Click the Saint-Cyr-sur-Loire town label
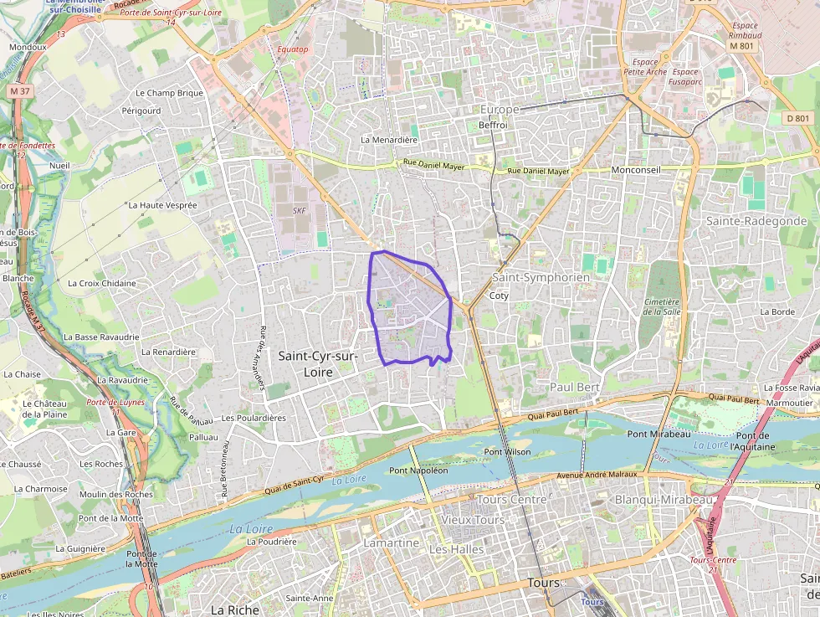coord(318,364)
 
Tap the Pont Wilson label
coord(507,452)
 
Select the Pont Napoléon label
coord(418,470)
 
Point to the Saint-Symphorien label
coord(541,277)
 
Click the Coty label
coord(499,296)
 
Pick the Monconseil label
coord(636,170)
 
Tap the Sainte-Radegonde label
coord(756,221)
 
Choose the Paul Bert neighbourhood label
coord(575,387)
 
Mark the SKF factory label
coord(300,211)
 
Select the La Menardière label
coord(388,140)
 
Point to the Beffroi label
coord(494,126)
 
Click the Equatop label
coord(293,49)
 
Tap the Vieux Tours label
coord(473,520)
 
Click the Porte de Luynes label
coord(115,403)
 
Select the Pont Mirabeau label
coord(659,434)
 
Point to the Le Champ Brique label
coord(169,93)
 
